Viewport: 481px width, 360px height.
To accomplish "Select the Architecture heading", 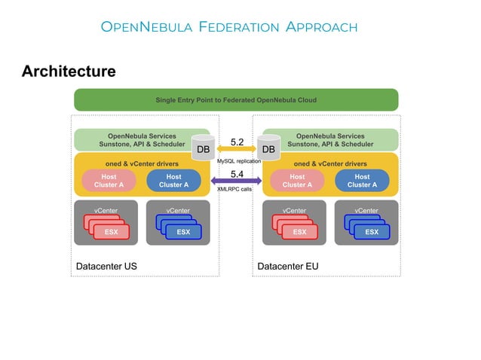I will point(69,72).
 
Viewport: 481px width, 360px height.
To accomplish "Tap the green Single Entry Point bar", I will point(235,99).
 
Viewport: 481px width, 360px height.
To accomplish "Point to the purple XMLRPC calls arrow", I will point(236,181).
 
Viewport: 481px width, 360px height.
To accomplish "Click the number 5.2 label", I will point(237,141).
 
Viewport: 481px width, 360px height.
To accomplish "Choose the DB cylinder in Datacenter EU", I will point(268,148).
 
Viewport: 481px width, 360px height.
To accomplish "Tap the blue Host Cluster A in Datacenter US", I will point(173,181).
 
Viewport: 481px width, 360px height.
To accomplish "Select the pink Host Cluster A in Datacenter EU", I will point(297,181).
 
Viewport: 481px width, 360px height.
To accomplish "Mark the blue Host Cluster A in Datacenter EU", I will point(362,181).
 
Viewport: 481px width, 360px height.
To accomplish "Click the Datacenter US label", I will point(106,267).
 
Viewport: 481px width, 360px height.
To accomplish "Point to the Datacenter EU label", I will point(287,267).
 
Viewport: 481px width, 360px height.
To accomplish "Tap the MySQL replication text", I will point(238,161).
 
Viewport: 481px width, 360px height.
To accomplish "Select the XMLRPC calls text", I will point(234,189).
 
